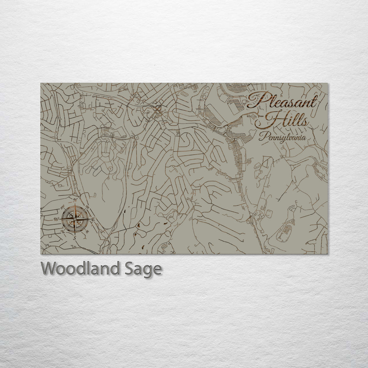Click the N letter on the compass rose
click(75, 200)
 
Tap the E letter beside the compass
click(93, 220)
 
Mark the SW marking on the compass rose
click(63, 232)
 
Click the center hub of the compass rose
click(75, 219)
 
